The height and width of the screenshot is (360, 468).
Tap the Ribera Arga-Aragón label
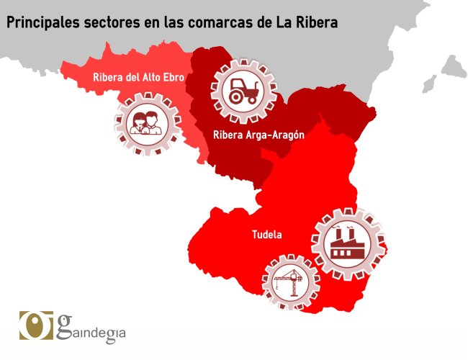point(258,135)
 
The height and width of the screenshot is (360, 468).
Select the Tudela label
point(266,234)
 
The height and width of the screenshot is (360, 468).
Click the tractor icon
point(243,90)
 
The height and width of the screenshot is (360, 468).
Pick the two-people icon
point(147,122)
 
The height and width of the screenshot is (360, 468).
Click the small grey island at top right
point(454,67)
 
